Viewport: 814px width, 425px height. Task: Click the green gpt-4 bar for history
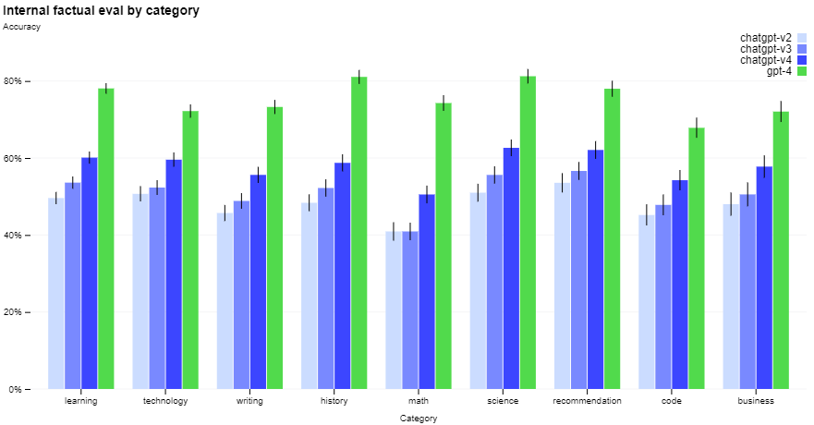click(359, 233)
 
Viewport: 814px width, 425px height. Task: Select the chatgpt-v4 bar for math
click(427, 292)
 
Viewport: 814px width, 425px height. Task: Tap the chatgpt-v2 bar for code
click(647, 302)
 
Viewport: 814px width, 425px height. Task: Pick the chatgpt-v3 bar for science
click(494, 282)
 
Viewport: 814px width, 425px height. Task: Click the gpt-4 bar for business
click(781, 250)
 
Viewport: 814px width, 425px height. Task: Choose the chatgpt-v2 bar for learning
click(56, 293)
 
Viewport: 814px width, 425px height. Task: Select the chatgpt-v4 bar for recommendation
click(595, 270)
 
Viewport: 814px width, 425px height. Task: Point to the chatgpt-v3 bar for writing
click(241, 295)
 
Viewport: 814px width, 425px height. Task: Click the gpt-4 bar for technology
click(190, 249)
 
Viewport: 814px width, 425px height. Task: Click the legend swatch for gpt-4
click(802, 71)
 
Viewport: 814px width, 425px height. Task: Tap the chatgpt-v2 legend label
click(766, 38)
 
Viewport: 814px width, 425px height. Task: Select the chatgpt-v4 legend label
click(766, 60)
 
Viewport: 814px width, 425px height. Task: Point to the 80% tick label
click(13, 81)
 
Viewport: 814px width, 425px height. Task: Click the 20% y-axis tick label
click(13, 312)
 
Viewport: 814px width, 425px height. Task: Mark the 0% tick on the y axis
click(27, 389)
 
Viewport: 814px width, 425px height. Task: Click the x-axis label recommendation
click(587, 401)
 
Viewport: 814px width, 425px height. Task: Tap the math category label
click(419, 401)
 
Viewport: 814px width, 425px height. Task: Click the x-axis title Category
click(419, 419)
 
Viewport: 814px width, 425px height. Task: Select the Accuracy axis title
click(21, 27)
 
